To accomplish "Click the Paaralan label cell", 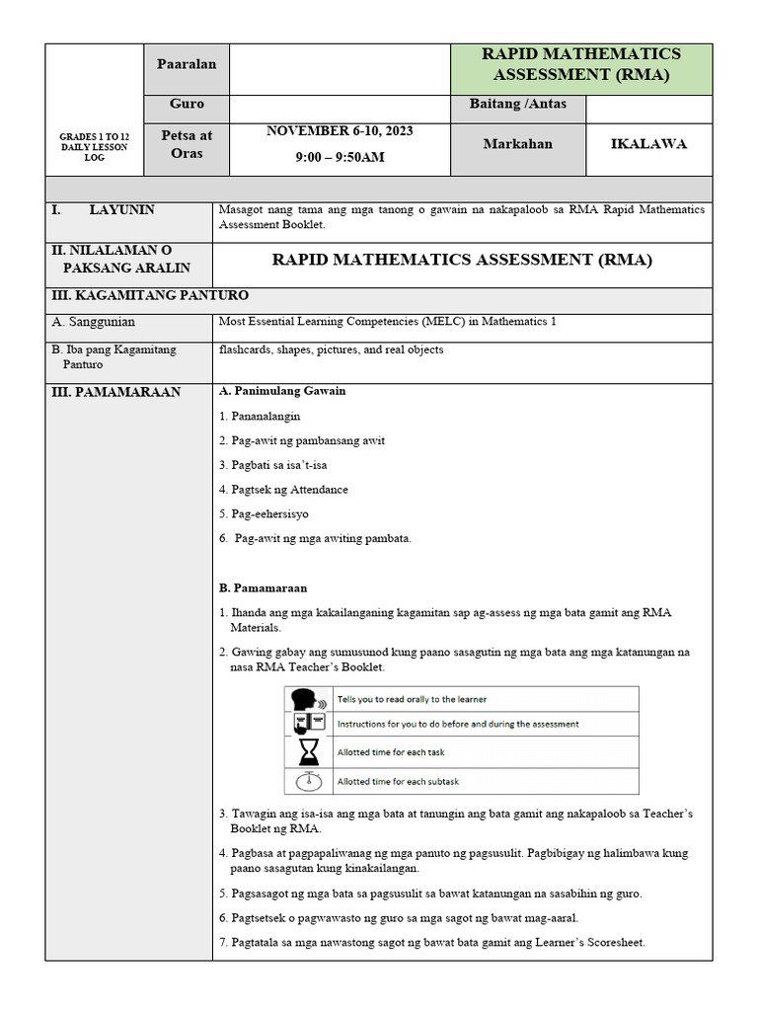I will [x=187, y=63].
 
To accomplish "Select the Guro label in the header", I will [x=187, y=104].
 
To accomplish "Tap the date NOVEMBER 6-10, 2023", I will [x=340, y=130].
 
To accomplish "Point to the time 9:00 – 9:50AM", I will [x=340, y=157].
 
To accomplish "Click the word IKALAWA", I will [x=648, y=144].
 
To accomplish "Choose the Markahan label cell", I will [x=517, y=144].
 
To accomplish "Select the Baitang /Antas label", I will [x=517, y=104].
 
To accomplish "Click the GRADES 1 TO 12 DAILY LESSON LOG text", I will [x=94, y=146].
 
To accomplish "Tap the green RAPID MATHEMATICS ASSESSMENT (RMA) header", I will [x=580, y=64].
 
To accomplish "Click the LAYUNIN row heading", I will [x=121, y=210].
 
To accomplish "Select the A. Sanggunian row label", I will [x=94, y=322].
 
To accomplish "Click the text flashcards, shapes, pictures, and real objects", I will [x=331, y=350].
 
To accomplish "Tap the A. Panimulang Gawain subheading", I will [x=282, y=391].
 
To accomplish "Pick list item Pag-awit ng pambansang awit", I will [x=301, y=440].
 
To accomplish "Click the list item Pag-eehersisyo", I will [x=264, y=514].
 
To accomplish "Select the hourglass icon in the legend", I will [x=305, y=752].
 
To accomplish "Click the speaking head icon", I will [x=305, y=699].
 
